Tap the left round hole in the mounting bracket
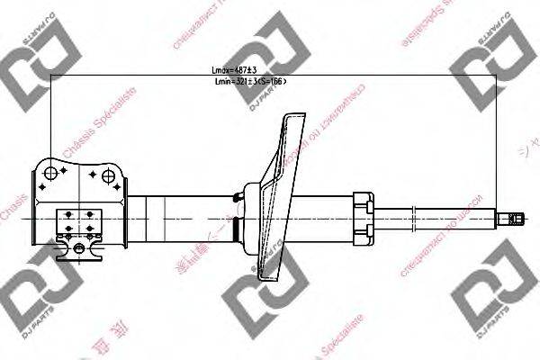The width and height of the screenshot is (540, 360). [51, 174]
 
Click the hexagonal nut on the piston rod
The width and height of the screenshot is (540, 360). [363, 217]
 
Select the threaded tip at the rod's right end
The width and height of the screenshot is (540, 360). [514, 217]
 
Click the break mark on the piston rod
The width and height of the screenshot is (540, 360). [414, 217]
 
